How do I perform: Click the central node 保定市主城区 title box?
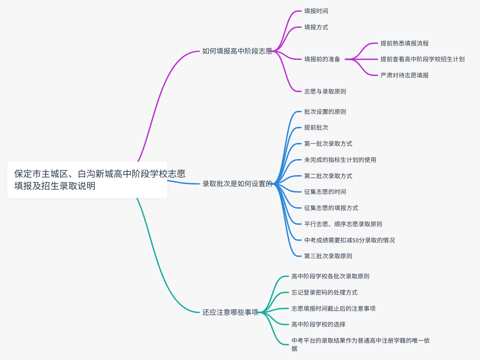coord(87,180)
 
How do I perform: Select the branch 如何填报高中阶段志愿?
coord(237,51)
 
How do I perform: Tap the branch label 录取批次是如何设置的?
coord(237,184)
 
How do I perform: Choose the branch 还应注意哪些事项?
coord(230,312)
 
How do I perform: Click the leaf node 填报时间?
coord(316,11)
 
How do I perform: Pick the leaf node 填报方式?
coord(316,27)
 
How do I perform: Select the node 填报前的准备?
coord(322,59)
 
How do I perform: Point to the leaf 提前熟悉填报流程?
coord(404,43)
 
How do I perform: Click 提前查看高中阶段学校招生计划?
coord(422,59)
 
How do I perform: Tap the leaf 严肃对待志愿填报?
coord(404,75)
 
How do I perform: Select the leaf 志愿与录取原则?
coord(325,91)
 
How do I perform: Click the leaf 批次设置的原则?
coord(325,112)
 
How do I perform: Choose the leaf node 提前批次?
coord(316,127)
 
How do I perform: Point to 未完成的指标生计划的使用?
coord(340,160)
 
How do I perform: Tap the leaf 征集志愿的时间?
coord(325,192)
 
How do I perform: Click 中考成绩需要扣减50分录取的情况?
coord(349,240)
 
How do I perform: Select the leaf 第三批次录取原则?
coord(328,256)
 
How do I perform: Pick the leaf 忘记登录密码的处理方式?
coord(324,292)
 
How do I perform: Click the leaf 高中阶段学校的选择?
coord(318,324)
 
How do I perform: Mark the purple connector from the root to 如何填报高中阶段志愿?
coord(158,99)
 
